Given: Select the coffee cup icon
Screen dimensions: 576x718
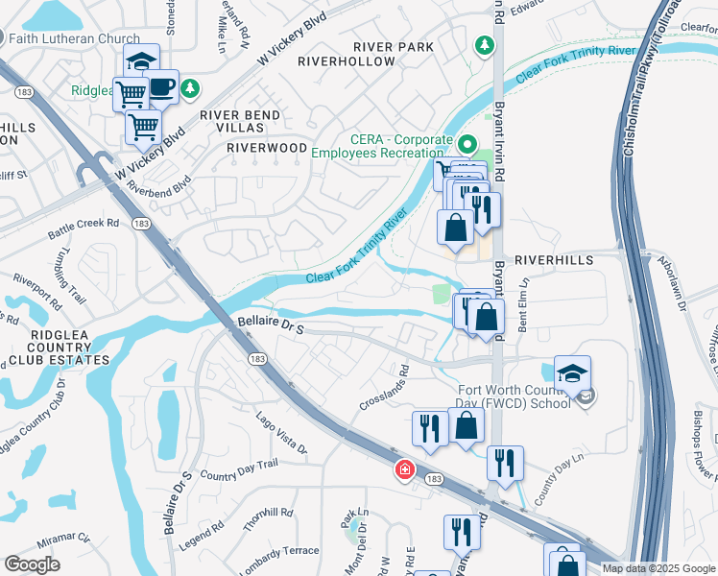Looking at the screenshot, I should point(160,88).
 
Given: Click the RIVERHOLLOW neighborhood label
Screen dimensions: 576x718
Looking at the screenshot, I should point(347,61).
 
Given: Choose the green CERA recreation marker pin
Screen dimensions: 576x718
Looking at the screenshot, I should point(467,146).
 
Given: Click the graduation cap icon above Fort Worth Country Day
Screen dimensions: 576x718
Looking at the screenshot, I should point(572,373).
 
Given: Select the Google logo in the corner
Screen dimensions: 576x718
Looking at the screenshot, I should point(32,564).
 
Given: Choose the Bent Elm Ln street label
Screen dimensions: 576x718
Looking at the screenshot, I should point(524,305).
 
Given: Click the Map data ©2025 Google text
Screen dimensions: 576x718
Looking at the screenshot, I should point(658,568).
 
